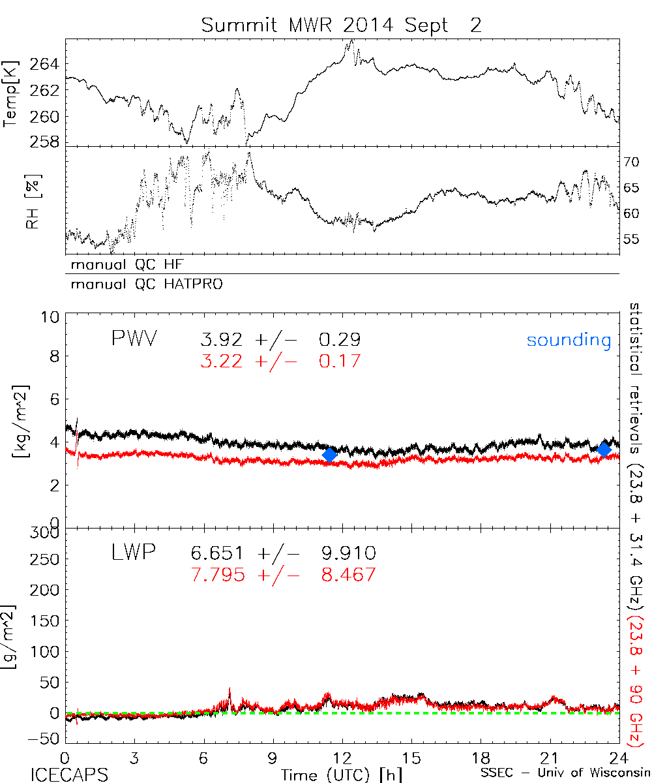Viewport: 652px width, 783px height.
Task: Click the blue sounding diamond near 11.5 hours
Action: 329,454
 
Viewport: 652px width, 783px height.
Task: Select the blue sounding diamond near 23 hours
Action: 604,448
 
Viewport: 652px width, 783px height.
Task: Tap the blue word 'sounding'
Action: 569,340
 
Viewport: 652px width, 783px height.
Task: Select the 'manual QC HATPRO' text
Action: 141,284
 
